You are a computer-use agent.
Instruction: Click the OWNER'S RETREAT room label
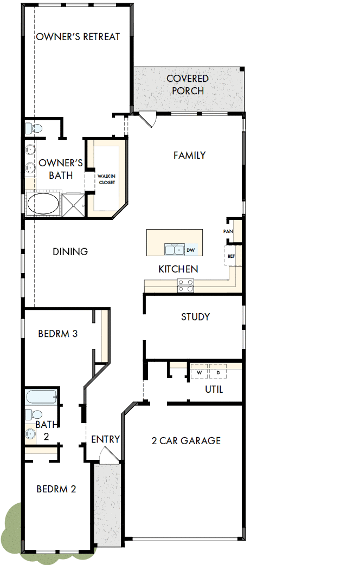(78, 37)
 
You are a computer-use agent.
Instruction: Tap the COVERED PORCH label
(188, 85)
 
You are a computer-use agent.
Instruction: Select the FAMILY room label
(189, 155)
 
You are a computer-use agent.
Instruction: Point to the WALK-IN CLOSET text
(106, 179)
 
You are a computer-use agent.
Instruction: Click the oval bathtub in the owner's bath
(43, 204)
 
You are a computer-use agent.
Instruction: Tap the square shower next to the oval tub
(73, 204)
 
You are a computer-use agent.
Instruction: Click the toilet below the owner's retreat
(34, 128)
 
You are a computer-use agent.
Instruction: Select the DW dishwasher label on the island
(190, 250)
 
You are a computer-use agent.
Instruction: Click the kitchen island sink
(175, 250)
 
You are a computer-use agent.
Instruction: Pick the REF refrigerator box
(232, 256)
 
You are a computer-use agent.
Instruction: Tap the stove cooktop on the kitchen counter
(185, 285)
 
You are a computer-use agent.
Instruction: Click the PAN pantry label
(228, 231)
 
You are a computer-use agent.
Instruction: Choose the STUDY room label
(195, 317)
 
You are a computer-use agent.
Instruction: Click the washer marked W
(199, 373)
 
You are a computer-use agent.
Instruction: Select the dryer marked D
(217, 373)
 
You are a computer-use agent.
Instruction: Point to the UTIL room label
(214, 389)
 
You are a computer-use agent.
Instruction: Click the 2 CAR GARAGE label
(186, 440)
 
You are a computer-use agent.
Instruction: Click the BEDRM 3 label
(57, 334)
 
